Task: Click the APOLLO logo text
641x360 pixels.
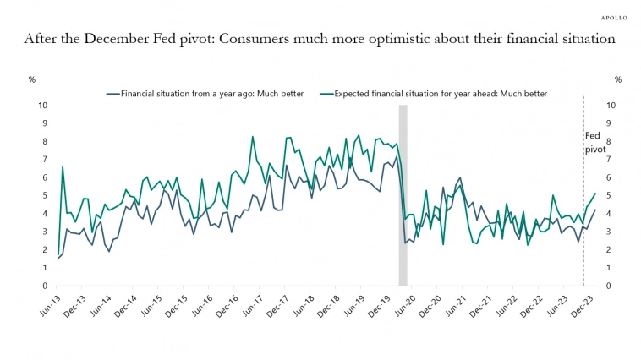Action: pos(613,16)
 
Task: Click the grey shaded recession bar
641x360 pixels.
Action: pos(403,194)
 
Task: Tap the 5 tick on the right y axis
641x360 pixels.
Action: pos(608,195)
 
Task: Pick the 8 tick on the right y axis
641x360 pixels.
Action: pos(608,142)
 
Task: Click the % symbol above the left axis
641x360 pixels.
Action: pos(32,79)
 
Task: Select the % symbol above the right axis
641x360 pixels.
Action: pos(618,79)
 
